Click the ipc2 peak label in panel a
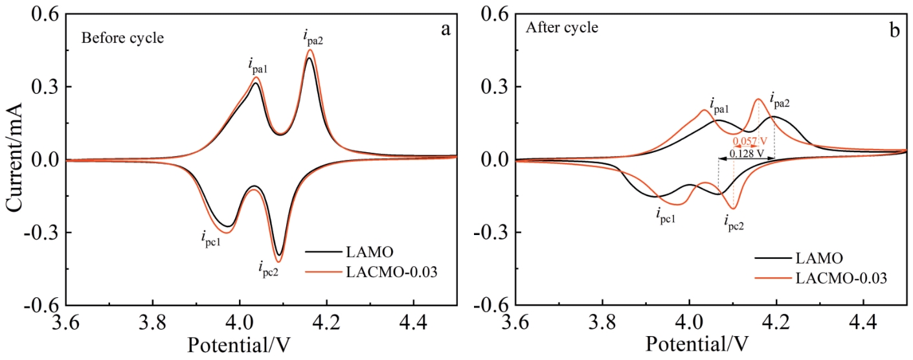pos(269,267)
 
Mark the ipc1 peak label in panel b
pos(667,213)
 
